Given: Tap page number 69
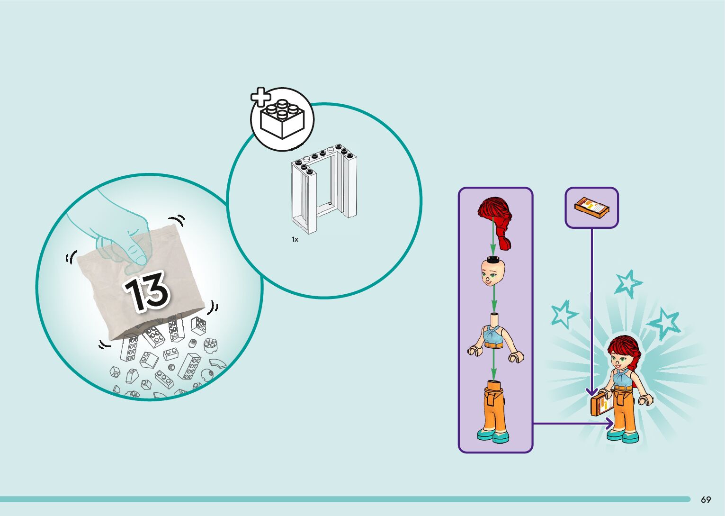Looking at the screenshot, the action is pos(706,499).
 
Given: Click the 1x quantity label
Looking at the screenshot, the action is pos(295,240).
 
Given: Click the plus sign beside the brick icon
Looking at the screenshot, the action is pos(260,97).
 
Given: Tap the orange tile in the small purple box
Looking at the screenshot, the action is pos(591,208).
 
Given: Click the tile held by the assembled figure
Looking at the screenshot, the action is pos(600,405).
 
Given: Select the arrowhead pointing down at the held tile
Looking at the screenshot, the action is pos(591,392).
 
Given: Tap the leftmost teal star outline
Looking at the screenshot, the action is pos(563,314).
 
